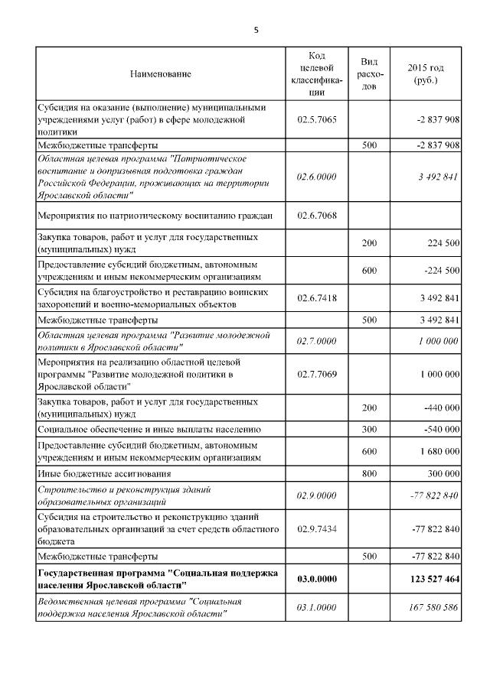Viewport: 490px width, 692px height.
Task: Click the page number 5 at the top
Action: click(256, 30)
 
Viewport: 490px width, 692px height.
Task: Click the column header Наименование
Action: click(161, 74)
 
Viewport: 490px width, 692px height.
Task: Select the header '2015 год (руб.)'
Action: click(426, 74)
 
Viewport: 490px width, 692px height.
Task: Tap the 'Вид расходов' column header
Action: click(368, 74)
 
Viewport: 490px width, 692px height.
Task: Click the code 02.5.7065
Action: click(316, 120)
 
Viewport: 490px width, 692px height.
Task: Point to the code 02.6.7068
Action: click(316, 214)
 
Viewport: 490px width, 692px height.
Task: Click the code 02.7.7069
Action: click(316, 374)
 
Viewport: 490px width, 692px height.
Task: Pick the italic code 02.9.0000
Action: click(316, 495)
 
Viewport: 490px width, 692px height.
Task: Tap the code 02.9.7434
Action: click(316, 528)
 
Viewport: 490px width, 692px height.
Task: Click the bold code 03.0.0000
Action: click(316, 579)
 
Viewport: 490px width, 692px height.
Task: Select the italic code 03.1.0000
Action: click(316, 609)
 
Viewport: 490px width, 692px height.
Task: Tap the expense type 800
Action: click(368, 474)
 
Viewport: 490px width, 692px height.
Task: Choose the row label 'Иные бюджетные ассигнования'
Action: click(104, 474)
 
